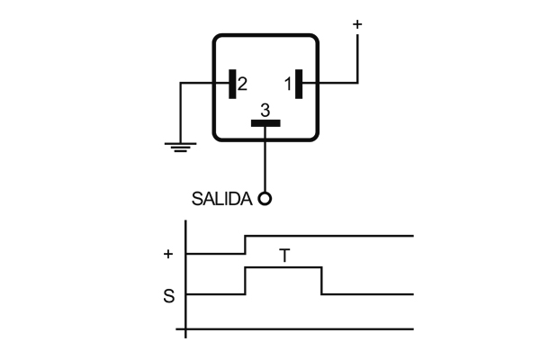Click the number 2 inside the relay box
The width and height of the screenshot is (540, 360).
click(x=242, y=85)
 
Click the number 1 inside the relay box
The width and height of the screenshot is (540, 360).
click(x=288, y=85)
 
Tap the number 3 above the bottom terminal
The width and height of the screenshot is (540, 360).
click(x=265, y=110)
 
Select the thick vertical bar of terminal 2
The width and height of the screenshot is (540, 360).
click(x=232, y=84)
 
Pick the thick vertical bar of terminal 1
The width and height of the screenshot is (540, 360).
click(x=298, y=84)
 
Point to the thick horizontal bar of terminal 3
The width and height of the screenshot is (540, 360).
click(x=265, y=123)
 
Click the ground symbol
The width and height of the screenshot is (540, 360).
click(x=181, y=146)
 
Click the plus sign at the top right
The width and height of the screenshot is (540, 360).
click(x=357, y=24)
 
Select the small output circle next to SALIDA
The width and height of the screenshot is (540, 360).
click(x=265, y=199)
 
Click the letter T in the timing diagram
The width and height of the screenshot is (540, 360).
click(x=284, y=256)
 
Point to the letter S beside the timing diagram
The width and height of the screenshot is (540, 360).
click(x=168, y=295)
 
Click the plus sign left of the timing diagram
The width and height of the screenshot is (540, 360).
click(x=168, y=254)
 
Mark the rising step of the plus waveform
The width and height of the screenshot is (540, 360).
click(x=246, y=245)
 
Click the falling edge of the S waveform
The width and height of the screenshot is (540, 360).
click(x=322, y=281)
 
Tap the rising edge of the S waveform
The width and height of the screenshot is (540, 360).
click(x=246, y=281)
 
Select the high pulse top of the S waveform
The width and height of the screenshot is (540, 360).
click(x=283, y=268)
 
